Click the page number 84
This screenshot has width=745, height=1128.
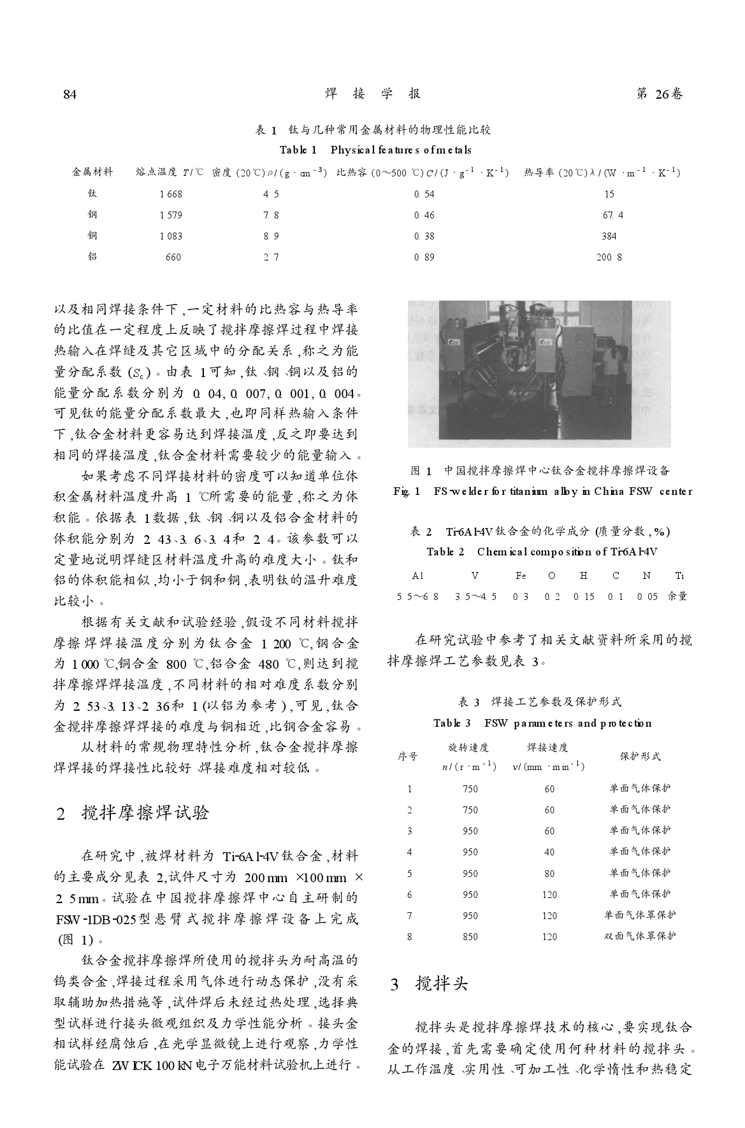[70, 94]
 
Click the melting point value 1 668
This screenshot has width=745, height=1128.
[171, 194]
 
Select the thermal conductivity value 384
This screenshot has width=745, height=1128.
[609, 236]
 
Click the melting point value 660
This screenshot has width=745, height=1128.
[173, 257]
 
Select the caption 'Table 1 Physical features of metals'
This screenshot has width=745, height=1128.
[375, 150]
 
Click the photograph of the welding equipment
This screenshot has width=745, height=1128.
[539, 374]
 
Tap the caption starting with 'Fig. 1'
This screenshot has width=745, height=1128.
[542, 491]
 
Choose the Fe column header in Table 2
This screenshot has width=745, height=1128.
[521, 575]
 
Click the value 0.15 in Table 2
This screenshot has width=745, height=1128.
[583, 596]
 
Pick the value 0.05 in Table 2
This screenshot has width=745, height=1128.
[646, 596]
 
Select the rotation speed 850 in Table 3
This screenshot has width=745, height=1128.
[470, 937]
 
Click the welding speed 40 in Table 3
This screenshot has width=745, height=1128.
[549, 852]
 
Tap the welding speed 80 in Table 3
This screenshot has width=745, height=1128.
[549, 874]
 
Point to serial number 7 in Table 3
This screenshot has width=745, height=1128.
[409, 916]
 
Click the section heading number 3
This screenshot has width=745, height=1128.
[395, 985]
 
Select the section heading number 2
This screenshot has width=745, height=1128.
[61, 814]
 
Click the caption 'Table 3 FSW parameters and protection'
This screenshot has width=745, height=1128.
[542, 723]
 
